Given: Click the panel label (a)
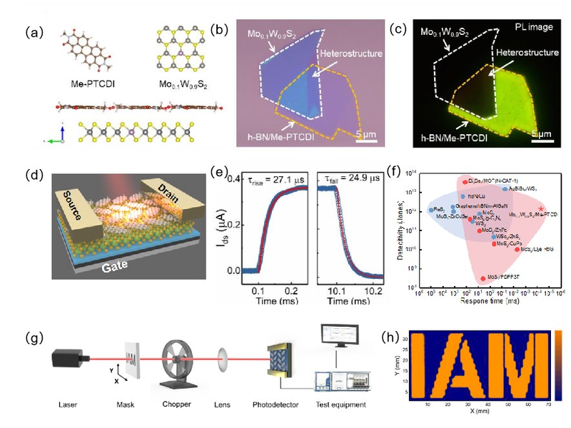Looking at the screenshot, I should (33, 33).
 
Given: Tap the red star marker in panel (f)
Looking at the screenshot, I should (542, 208).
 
